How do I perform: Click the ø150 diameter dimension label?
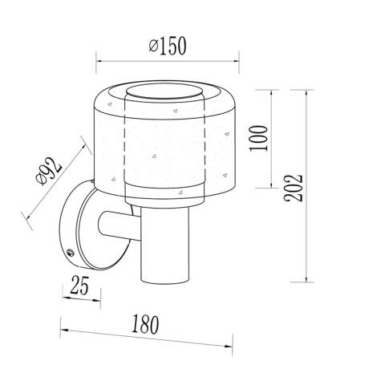click(x=167, y=46)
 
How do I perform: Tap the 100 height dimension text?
click(x=258, y=138)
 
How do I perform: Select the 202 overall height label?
click(x=294, y=188)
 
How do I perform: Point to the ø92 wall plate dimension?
click(x=49, y=171)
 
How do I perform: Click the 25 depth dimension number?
click(x=79, y=286)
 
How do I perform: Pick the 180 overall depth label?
click(x=145, y=325)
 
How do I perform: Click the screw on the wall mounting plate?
click(x=71, y=252)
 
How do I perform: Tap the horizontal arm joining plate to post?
click(x=120, y=225)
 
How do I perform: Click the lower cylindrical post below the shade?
click(x=164, y=245)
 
